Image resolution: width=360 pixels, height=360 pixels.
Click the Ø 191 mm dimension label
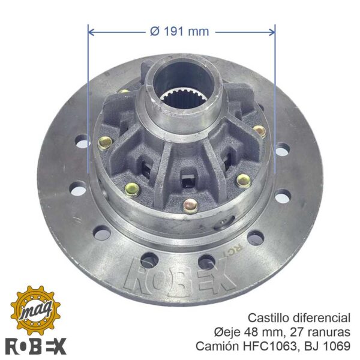[179, 31]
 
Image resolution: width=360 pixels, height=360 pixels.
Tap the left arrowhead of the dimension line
[91, 32]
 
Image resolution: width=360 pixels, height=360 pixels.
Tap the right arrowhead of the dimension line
[272, 32]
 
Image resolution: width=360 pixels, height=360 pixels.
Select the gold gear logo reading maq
[36, 311]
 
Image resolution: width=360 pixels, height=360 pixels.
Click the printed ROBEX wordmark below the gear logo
[36, 346]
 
